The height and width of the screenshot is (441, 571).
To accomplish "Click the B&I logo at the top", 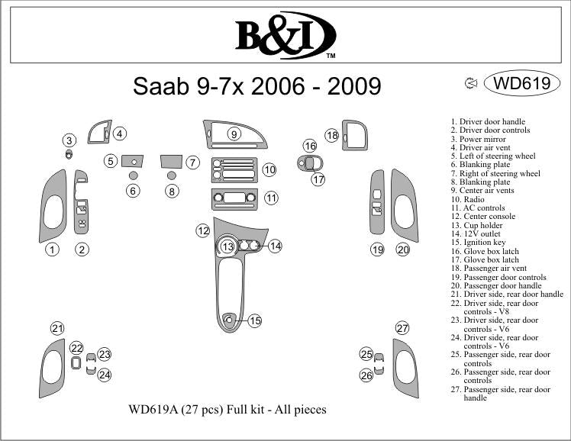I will point(285,34).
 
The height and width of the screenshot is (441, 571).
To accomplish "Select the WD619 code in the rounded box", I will point(522,83).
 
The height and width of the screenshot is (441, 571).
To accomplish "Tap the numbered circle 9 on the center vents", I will point(234,134).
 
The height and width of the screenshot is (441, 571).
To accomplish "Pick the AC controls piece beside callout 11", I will point(234,198).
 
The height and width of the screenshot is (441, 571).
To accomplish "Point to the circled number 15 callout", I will point(255,321).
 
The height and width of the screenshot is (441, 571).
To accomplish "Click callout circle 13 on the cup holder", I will point(227,246).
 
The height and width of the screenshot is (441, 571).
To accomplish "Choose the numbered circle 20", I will point(402,249).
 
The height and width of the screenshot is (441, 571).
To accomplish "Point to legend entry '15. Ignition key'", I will point(479,243).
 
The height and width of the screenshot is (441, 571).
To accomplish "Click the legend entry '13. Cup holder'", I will point(479,226).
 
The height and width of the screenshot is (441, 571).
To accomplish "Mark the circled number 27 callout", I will point(402,329).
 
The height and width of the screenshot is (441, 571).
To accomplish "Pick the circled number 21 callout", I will point(57,329).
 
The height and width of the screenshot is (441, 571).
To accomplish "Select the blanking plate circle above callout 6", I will point(134,175).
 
